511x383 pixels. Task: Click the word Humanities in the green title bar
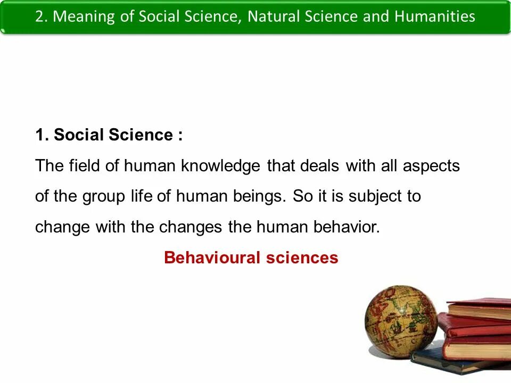tap(435, 16)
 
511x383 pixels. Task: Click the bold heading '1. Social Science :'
tap(109, 135)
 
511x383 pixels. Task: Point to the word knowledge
tap(220, 166)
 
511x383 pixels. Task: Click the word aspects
tap(431, 166)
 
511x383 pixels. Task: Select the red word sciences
tap(302, 258)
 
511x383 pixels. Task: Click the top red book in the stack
tap(479, 309)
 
